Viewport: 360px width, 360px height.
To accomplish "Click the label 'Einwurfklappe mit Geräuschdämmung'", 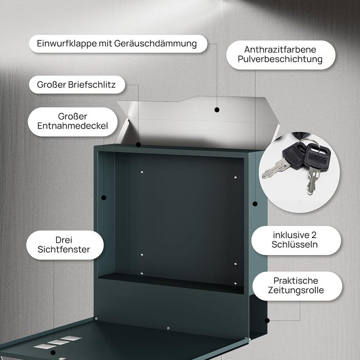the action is [117, 43].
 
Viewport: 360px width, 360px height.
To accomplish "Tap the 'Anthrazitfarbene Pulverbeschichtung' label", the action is [280, 55].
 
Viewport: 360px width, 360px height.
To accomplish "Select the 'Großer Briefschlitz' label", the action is [76, 84].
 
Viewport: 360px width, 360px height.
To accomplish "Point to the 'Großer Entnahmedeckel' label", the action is [73, 121].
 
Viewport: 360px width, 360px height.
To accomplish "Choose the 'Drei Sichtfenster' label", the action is [64, 244].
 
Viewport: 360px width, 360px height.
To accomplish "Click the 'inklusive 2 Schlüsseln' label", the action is [295, 240].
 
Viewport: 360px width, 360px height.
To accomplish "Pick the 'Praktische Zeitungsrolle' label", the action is [296, 285].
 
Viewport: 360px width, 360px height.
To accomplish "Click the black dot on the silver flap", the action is [217, 110].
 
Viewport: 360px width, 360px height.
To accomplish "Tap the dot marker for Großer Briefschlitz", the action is [138, 145].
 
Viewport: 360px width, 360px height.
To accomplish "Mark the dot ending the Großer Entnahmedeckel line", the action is [104, 197].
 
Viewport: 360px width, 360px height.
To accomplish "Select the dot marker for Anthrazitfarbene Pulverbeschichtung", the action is [255, 204].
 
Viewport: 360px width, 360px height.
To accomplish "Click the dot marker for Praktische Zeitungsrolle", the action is [267, 320].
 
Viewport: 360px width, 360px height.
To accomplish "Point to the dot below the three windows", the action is [53, 353].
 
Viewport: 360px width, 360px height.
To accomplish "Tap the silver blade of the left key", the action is [275, 169].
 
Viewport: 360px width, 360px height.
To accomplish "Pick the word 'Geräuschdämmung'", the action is [155, 43].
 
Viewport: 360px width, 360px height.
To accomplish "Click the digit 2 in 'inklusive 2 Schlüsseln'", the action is [314, 235].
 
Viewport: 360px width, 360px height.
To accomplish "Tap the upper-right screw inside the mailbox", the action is [236, 177].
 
